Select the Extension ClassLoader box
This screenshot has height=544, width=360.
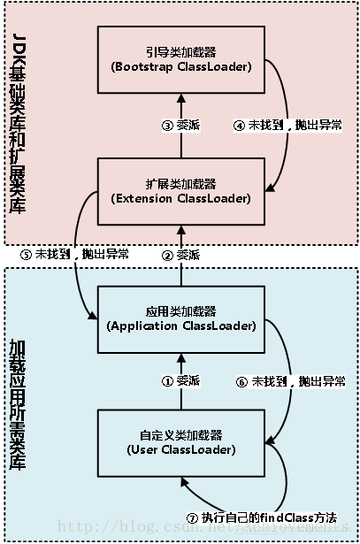tap(180, 191)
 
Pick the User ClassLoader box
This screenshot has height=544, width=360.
tap(180, 442)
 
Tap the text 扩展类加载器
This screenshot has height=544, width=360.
tap(180, 183)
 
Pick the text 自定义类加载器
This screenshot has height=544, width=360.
tap(180, 435)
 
